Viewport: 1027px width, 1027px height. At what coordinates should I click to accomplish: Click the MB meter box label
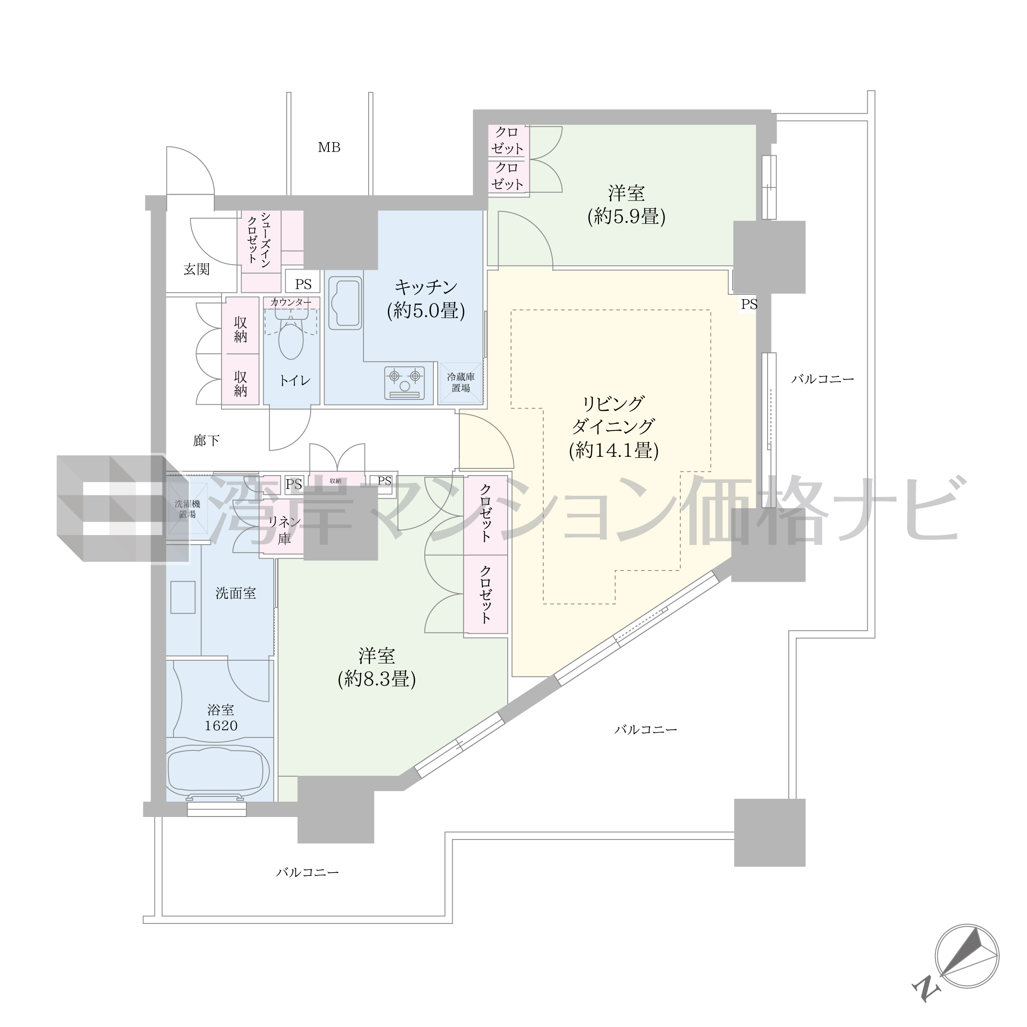tap(329, 147)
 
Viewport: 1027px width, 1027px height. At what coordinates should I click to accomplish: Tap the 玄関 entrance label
tap(197, 269)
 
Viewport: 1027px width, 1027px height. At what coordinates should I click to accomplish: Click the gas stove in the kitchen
tap(405, 382)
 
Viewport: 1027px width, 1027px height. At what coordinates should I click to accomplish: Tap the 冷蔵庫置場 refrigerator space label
tap(460, 382)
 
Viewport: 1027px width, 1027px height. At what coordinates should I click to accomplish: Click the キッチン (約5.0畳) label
tap(426, 299)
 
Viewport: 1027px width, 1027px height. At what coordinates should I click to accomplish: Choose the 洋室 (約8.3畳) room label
tap(376, 668)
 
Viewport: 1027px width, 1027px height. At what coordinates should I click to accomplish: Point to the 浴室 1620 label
tap(221, 718)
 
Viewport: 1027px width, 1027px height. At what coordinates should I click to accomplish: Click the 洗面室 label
tap(235, 593)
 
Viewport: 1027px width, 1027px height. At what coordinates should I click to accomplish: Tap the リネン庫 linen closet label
tap(284, 529)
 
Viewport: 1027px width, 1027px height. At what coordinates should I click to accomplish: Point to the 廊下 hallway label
tap(206, 440)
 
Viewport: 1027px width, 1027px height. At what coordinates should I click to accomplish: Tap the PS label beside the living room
tap(749, 304)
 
